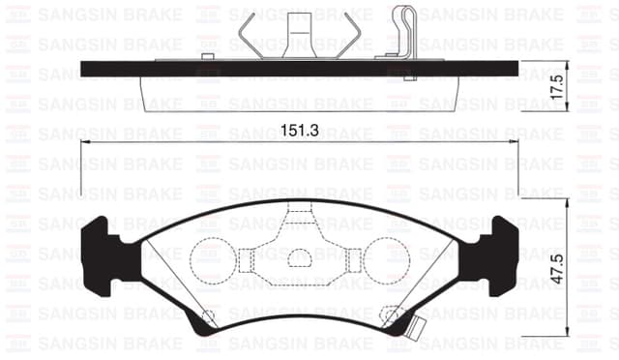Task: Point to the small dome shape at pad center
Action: [x=300, y=257]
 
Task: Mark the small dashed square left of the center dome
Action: [x=246, y=258]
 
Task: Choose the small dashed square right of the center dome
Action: [x=354, y=258]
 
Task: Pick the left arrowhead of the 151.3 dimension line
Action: [x=85, y=143]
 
